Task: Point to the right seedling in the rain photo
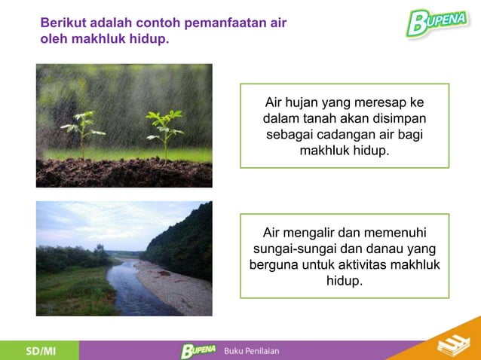tap(165, 128)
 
